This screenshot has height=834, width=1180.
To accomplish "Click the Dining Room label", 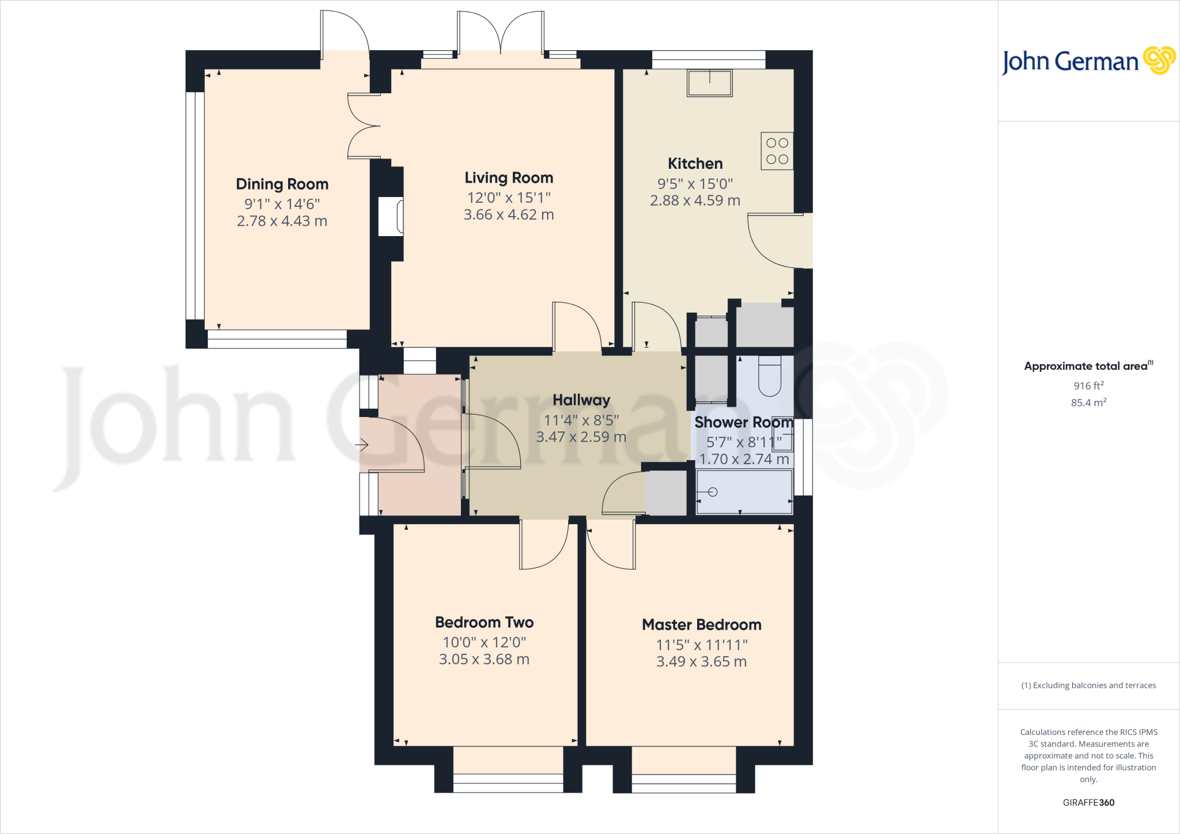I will click(x=282, y=184).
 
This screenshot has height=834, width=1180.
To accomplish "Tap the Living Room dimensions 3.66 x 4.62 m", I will click(x=509, y=215).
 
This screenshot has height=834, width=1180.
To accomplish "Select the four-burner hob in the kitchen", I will click(x=777, y=151).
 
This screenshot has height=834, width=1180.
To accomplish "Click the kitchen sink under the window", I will click(x=709, y=83).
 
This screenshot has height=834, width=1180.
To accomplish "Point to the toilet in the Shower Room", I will click(x=769, y=377).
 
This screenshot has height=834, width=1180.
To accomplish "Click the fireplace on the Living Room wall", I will click(x=391, y=217).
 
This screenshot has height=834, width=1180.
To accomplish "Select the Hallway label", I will click(x=581, y=400).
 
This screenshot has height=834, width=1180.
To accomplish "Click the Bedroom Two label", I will click(x=484, y=623).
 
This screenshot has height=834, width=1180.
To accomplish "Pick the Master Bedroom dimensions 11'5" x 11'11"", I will click(x=701, y=645).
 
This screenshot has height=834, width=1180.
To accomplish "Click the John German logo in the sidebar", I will click(x=1088, y=61).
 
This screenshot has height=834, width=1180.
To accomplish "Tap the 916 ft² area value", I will click(x=1088, y=386).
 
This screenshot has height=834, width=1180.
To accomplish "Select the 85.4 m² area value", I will click(x=1088, y=403).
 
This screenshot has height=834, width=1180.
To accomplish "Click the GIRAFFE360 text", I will click(x=1088, y=802).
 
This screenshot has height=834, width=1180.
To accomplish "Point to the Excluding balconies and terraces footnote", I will click(x=1088, y=685).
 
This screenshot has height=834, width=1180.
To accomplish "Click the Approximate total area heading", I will click(x=1087, y=366).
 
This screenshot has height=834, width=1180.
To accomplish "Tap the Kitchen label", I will click(x=695, y=164).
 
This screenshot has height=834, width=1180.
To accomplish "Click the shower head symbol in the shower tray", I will click(x=712, y=492).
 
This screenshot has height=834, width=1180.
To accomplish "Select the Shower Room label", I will click(x=743, y=423).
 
